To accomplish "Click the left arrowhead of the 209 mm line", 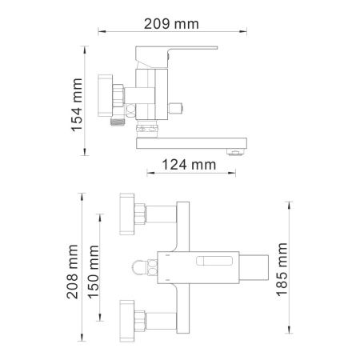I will click(101, 33).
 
